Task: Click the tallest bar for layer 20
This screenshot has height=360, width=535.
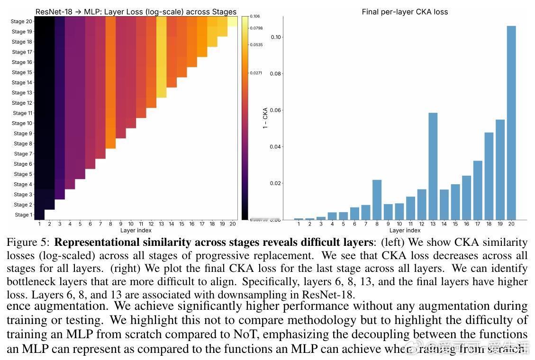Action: point(511,123)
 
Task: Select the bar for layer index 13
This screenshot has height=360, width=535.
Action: point(432,166)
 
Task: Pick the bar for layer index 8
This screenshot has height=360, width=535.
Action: point(377,199)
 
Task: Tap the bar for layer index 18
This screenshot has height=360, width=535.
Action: point(489,176)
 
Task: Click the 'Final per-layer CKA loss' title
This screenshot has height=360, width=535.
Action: point(405,12)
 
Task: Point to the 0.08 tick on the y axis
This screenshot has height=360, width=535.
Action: point(276,73)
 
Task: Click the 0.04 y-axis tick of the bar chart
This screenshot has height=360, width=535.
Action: point(276,147)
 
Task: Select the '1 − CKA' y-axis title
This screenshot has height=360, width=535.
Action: point(265,119)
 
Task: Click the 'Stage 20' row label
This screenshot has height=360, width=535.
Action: point(22,22)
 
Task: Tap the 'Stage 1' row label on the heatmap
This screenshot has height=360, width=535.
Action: point(23,215)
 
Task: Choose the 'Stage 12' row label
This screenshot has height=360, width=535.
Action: point(22,103)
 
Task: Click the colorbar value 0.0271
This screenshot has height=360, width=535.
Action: point(256,73)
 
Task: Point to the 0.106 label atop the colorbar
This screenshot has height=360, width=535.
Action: point(255,17)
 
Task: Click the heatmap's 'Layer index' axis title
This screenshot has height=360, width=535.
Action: point(136,231)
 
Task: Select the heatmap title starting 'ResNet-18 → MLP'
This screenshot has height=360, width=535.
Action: point(136,12)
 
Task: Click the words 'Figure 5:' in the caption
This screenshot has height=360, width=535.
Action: point(28,243)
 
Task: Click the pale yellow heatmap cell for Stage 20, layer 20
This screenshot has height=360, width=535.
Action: point(232,22)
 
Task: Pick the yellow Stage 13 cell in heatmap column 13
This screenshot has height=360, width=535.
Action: point(162,93)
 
